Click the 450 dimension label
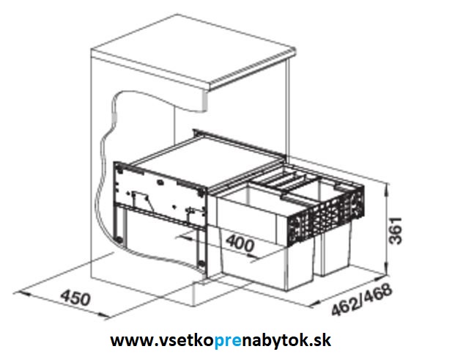tap(75, 297)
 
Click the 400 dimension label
tap(240, 243)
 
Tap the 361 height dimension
tap(396, 230)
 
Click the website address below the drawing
tap(221, 339)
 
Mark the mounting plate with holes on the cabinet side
tap(160, 193)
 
